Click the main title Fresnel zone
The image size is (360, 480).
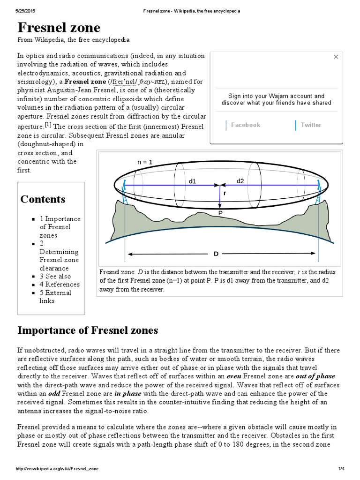59,27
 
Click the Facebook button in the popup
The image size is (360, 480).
245,125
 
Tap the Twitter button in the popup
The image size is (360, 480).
311,125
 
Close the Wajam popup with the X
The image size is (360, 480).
336,57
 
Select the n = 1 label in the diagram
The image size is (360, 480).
145,162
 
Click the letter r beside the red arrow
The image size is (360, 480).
225,193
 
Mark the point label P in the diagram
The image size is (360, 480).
220,213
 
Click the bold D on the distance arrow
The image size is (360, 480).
216,254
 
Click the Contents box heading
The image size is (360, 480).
43,199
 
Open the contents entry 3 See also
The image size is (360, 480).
55,276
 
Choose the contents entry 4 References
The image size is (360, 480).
60,284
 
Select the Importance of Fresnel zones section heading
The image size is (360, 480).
88,330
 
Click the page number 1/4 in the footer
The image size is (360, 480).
341,468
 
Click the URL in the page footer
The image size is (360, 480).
57,468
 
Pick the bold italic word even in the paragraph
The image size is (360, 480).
234,376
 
